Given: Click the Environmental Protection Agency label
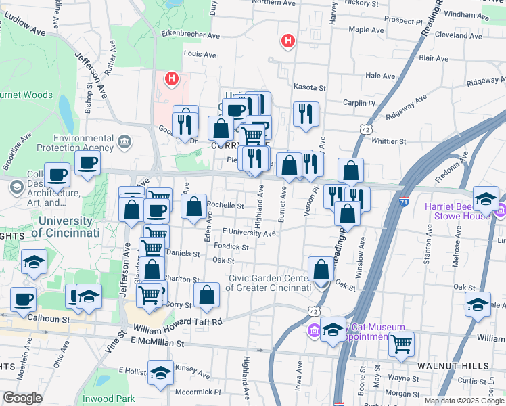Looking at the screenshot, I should pyautogui.click(x=74, y=143).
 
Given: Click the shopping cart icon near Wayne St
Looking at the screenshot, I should pyautogui.click(x=402, y=344).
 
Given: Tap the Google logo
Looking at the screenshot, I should pyautogui.click(x=22, y=398).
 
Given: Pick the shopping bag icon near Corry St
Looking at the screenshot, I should pyautogui.click(x=207, y=295).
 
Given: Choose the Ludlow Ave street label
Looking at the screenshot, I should pyautogui.click(x=28, y=30).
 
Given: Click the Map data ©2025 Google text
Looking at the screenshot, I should pyautogui.click(x=463, y=401).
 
